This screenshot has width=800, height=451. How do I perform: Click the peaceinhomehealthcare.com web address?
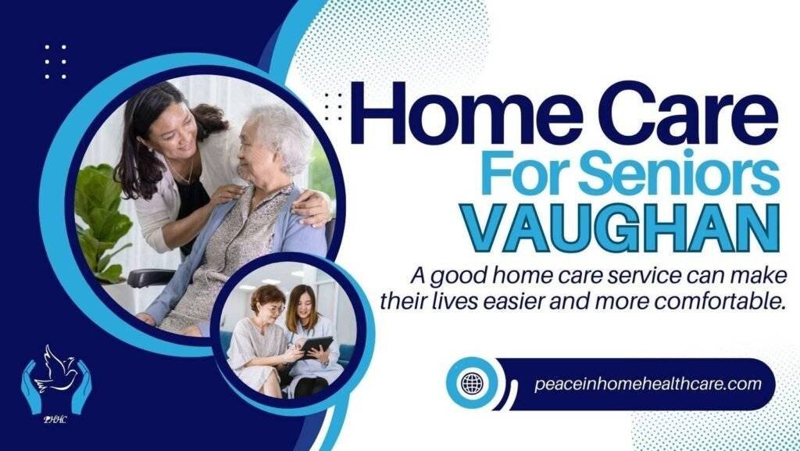click(x=648, y=384)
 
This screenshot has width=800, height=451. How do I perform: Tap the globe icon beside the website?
click(x=471, y=384)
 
